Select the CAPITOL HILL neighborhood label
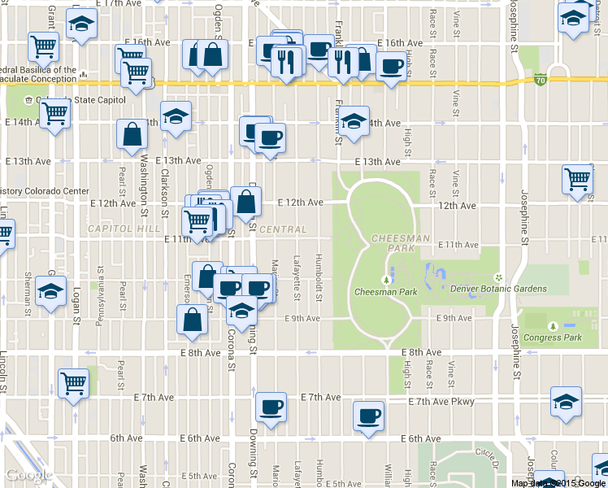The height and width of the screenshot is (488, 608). click(125, 229)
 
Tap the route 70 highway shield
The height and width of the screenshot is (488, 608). click(541, 79)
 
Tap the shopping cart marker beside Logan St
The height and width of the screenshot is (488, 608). click(74, 381)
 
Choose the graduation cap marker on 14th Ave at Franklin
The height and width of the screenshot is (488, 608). click(354, 122)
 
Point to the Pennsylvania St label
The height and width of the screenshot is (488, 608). click(101, 289)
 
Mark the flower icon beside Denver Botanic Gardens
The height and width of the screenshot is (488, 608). click(498, 278)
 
